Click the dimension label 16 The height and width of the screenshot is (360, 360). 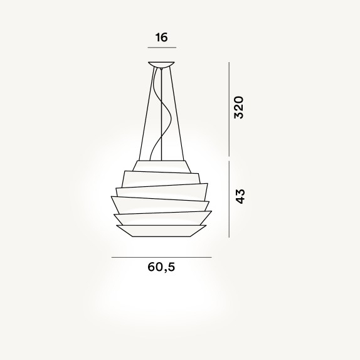pyautogui.click(x=162, y=38)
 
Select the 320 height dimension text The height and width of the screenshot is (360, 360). pyautogui.click(x=239, y=107)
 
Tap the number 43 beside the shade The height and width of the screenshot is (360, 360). pyautogui.click(x=241, y=196)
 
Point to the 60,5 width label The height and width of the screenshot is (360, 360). pyautogui.click(x=161, y=267)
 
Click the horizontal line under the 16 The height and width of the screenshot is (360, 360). pyautogui.click(x=162, y=48)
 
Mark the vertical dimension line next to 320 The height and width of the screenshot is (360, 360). pyautogui.click(x=229, y=109)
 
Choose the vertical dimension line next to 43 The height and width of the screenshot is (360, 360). pyautogui.click(x=229, y=199)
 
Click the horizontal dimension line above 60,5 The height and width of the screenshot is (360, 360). pyautogui.click(x=161, y=257)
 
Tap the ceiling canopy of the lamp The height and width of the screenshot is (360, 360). pyautogui.click(x=161, y=64)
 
